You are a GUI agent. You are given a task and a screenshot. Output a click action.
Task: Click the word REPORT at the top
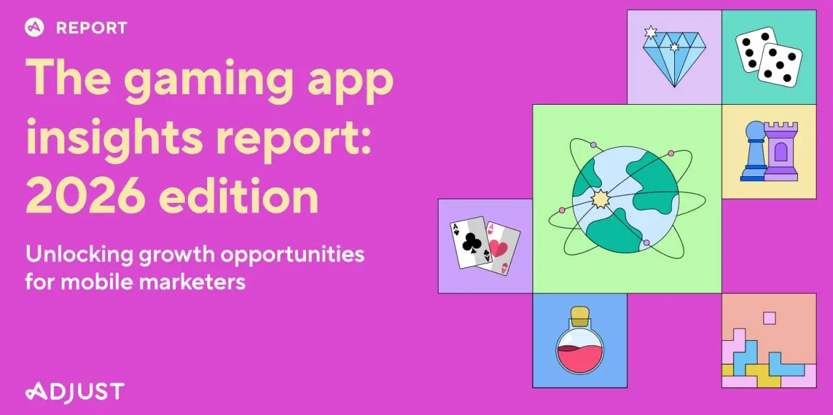(92, 28)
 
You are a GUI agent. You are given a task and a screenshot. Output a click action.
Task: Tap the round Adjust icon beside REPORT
(34, 27)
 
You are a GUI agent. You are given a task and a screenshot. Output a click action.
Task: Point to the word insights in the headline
(115, 139)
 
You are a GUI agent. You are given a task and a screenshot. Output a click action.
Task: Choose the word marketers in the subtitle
(192, 282)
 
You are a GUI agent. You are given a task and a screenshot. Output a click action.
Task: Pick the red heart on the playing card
(498, 247)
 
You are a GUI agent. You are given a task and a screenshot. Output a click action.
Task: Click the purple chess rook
(781, 152)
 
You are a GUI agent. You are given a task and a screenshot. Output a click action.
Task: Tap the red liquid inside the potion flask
(580, 359)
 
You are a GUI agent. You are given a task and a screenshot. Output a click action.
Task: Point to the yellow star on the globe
(600, 199)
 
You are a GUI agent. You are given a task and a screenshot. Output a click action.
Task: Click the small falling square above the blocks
(769, 318)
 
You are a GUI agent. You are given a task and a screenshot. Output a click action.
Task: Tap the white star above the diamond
(650, 33)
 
